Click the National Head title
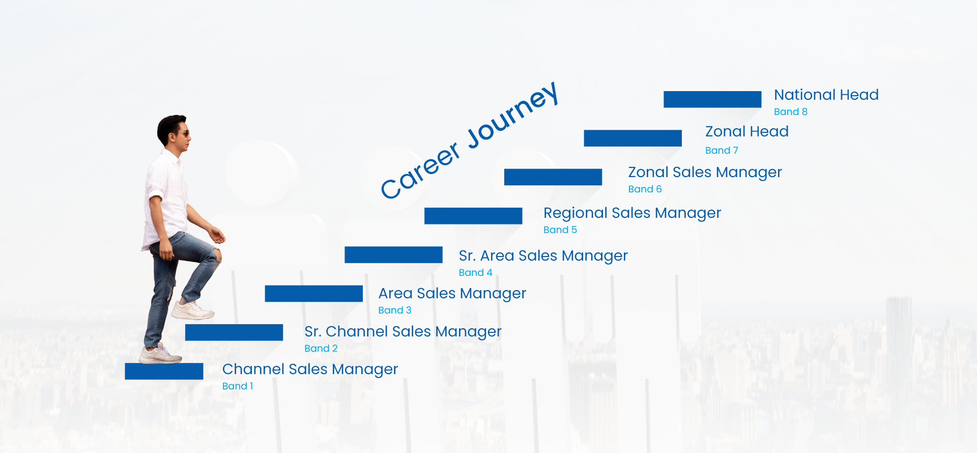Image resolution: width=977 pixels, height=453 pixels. click(826, 95)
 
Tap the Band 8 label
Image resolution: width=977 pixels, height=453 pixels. click(791, 111)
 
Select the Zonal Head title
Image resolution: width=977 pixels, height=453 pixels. click(747, 131)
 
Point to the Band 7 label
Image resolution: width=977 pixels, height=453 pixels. click(722, 150)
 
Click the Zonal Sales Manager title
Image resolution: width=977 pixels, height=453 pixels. click(705, 173)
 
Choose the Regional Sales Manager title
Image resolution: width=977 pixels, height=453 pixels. click(632, 213)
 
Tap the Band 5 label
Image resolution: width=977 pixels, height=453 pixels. click(560, 230)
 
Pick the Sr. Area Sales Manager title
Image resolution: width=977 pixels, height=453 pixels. click(543, 256)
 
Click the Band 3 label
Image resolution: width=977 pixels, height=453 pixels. click(395, 310)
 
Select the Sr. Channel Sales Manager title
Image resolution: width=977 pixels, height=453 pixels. click(403, 332)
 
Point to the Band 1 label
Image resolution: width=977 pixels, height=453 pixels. click(238, 386)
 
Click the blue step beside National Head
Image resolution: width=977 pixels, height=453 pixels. click(712, 99)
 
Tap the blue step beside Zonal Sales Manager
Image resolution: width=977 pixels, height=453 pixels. click(553, 177)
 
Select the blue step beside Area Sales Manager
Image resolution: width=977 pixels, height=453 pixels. click(313, 294)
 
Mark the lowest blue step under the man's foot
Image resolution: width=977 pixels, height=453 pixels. click(164, 371)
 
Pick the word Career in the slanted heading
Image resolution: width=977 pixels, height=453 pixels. click(420, 171)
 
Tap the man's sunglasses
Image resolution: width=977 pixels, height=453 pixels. click(182, 134)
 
